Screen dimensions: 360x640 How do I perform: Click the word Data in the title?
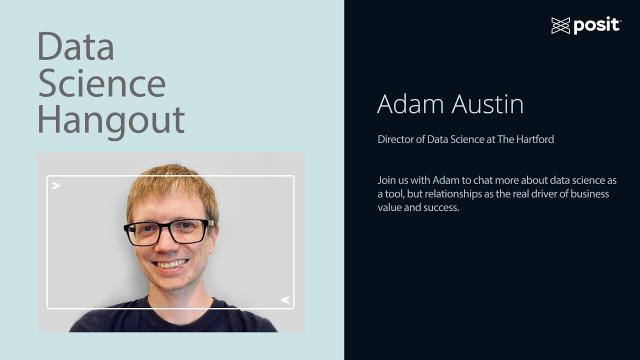(76, 46)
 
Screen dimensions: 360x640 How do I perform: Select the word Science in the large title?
(101, 83)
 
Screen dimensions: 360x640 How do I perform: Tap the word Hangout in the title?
(111, 120)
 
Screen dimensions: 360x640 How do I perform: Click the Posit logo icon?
(560, 25)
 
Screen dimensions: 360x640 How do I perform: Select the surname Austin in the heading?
(488, 104)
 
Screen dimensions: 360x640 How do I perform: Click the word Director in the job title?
(397, 139)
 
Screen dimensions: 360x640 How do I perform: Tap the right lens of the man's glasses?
(187, 231)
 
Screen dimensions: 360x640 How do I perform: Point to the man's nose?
(168, 247)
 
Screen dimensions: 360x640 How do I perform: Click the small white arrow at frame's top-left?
(57, 186)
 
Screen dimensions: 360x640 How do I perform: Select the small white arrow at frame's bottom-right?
(285, 299)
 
